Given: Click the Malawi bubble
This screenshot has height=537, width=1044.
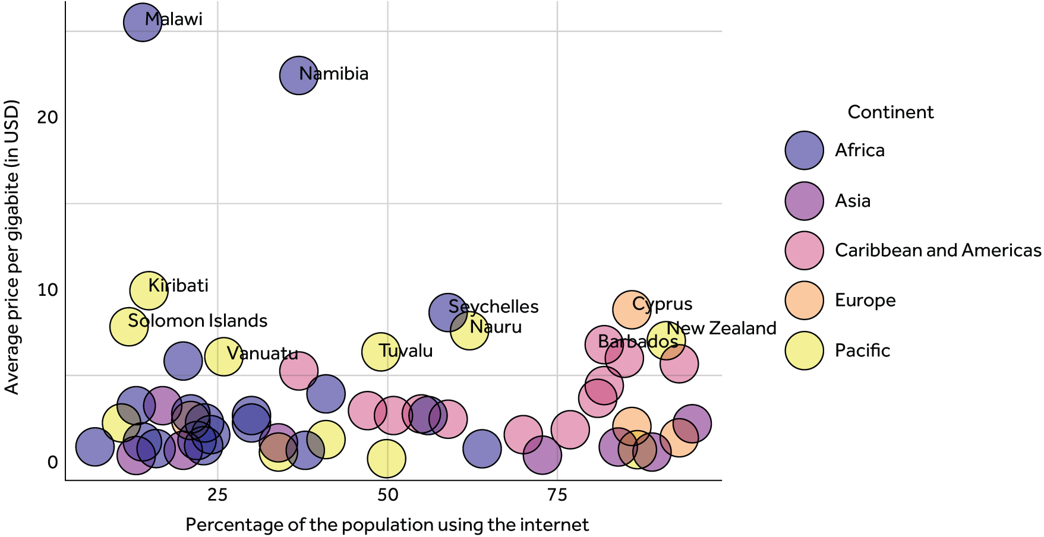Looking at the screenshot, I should point(142,23).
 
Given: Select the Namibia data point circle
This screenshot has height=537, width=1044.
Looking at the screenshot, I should point(298,75).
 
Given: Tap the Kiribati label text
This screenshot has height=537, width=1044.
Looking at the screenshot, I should point(178,286).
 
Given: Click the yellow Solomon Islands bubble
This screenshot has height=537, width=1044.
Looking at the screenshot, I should point(128,326).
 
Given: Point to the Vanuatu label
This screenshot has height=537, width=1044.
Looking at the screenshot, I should point(262,353).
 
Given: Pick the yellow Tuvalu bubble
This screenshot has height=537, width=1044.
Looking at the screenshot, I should point(380,352).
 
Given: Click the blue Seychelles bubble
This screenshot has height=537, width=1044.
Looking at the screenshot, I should point(447,312).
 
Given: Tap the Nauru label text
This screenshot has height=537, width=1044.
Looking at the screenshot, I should point(496,327).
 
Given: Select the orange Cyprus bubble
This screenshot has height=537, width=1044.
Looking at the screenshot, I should point(631,309).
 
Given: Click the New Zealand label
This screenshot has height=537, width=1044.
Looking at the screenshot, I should point(721,328).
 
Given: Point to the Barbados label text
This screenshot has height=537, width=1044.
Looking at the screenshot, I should point(638,342).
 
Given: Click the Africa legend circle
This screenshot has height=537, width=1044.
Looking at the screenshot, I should point(804,150).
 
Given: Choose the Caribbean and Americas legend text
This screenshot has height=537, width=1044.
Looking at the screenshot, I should point(938,250).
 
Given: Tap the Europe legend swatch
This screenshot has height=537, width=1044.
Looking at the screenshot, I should point(804,301).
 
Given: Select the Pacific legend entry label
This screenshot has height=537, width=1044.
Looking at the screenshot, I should point(862,350).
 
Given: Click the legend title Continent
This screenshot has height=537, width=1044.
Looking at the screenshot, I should point(890,112).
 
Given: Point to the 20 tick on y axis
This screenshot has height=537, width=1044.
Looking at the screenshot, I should point(48,118).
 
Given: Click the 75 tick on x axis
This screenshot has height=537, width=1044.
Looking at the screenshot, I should point(557,495).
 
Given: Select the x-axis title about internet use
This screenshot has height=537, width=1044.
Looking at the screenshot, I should point(387,525).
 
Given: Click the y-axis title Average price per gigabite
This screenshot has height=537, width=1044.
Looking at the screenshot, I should point(12,247).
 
